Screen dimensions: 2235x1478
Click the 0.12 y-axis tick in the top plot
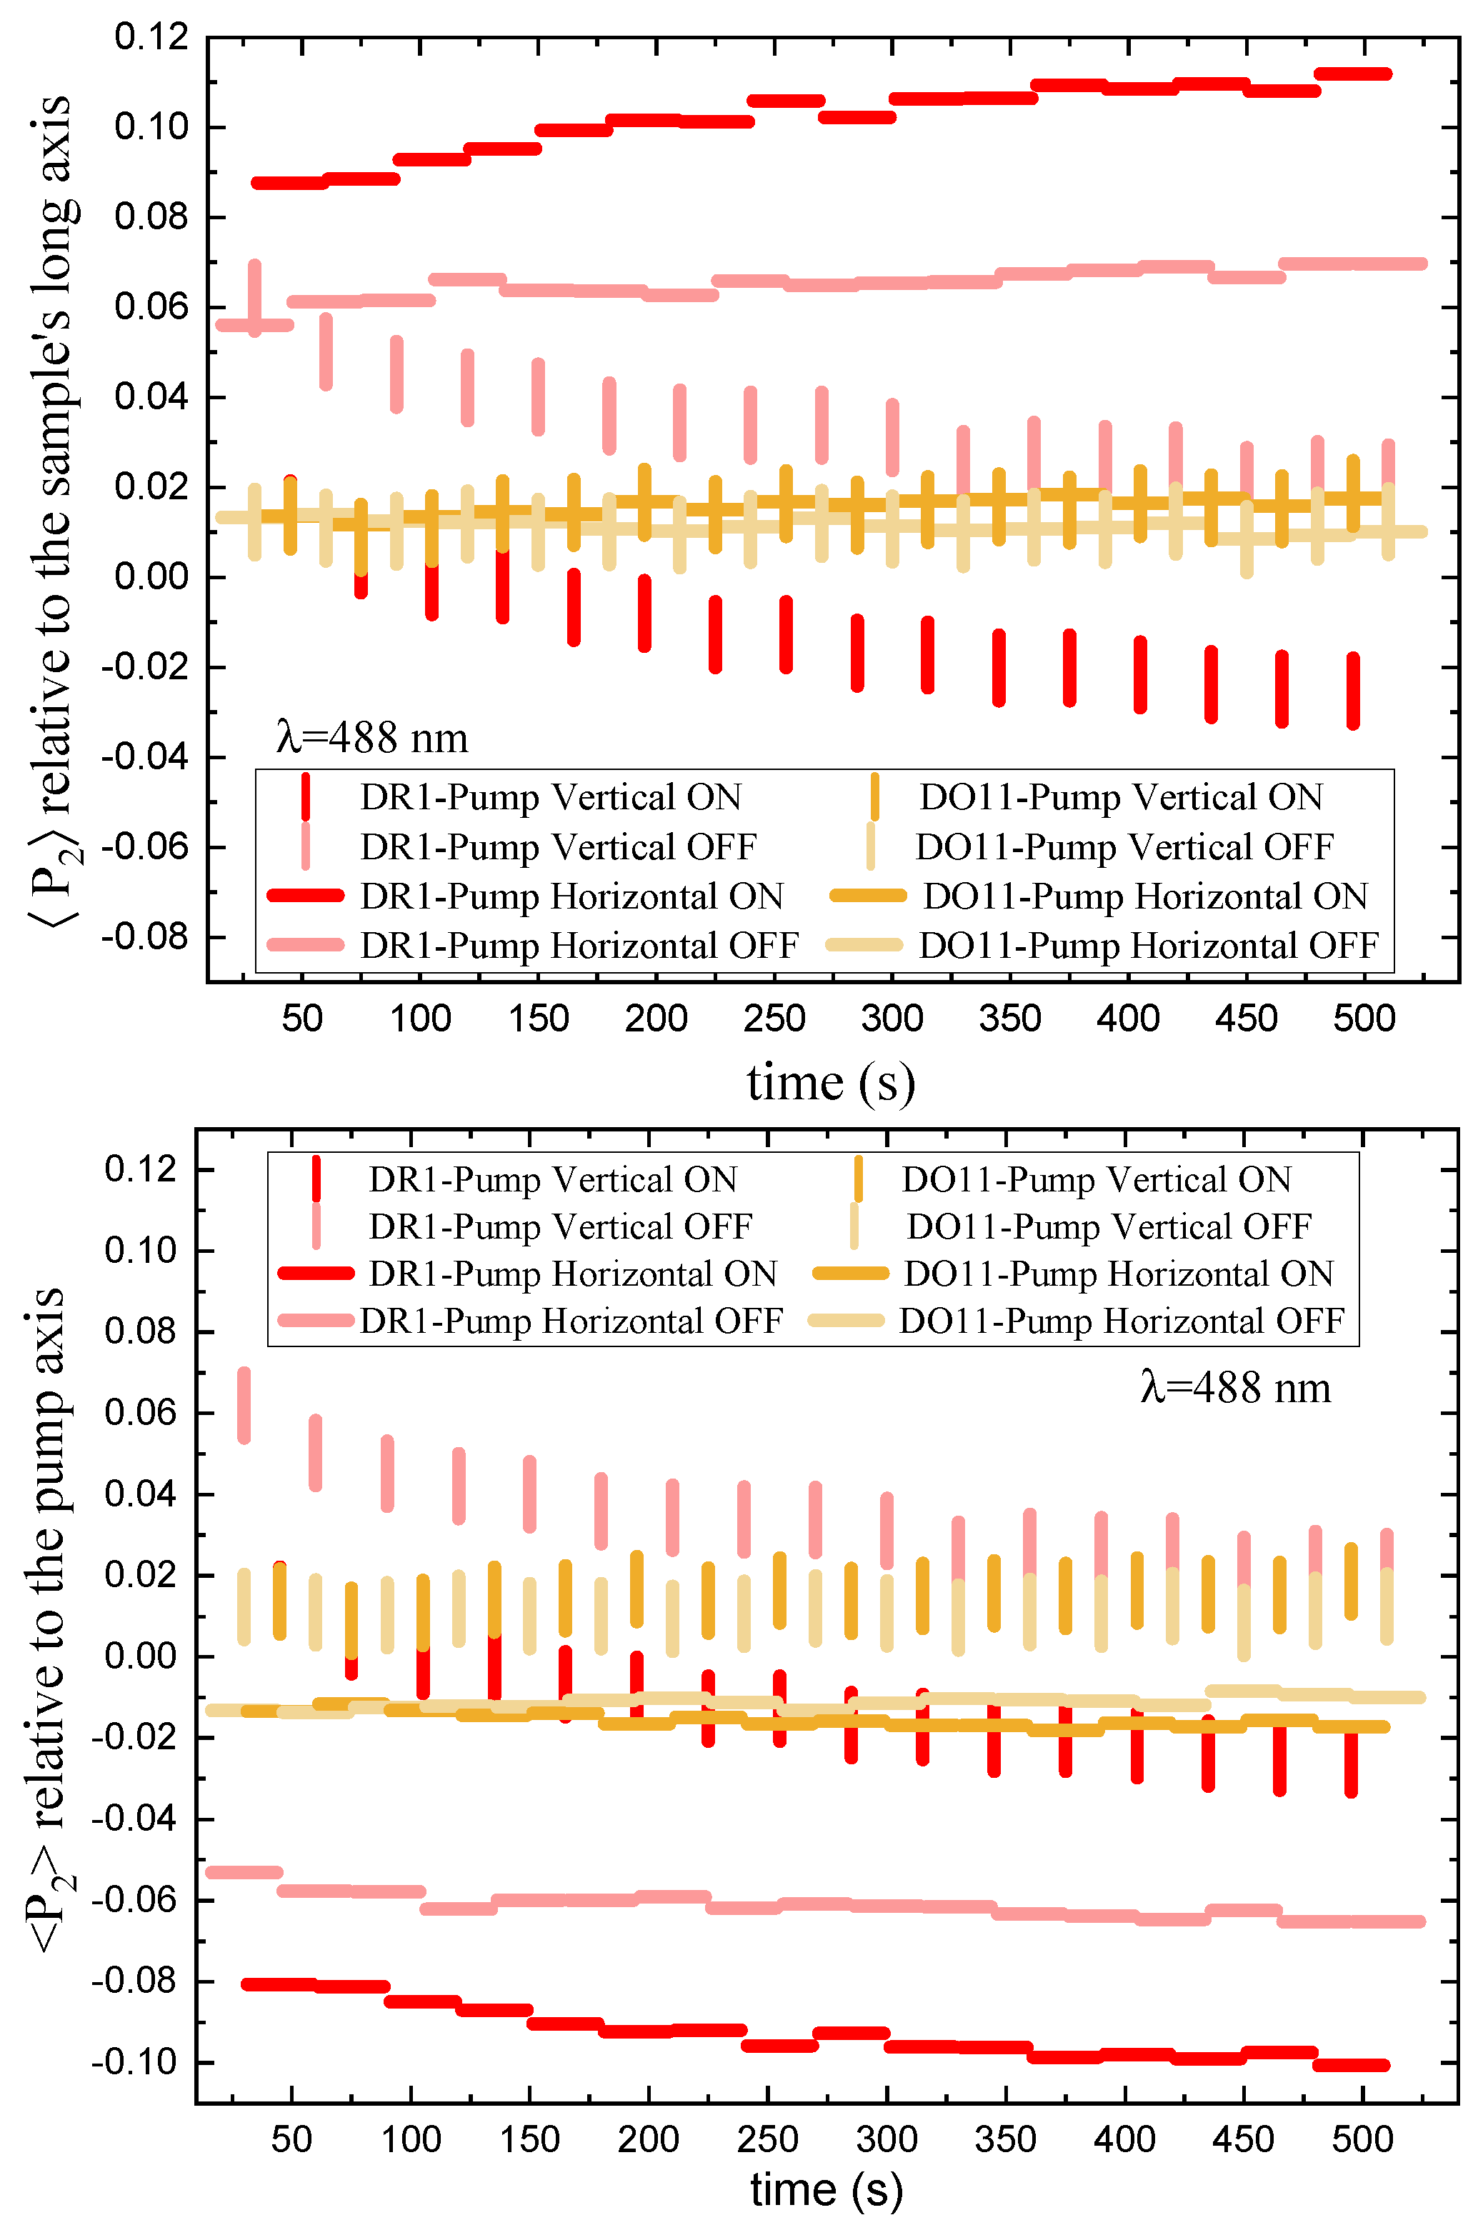151,38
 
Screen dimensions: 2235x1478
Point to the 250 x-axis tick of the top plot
774,1019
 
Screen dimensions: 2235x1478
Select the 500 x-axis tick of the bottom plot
1362,2138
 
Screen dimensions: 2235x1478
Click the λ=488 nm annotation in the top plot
372,737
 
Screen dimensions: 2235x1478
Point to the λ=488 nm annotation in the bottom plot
1235,1387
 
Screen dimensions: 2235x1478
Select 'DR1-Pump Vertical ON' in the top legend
551,797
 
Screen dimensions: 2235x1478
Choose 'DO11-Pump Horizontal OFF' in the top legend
1148,945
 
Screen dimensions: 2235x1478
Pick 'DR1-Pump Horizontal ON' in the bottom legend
572,1273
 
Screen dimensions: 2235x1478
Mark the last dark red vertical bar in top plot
1353,690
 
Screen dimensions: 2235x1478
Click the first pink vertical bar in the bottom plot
244,1405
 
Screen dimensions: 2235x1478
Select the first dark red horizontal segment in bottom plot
279,1984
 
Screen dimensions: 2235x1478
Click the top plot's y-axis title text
52,509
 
